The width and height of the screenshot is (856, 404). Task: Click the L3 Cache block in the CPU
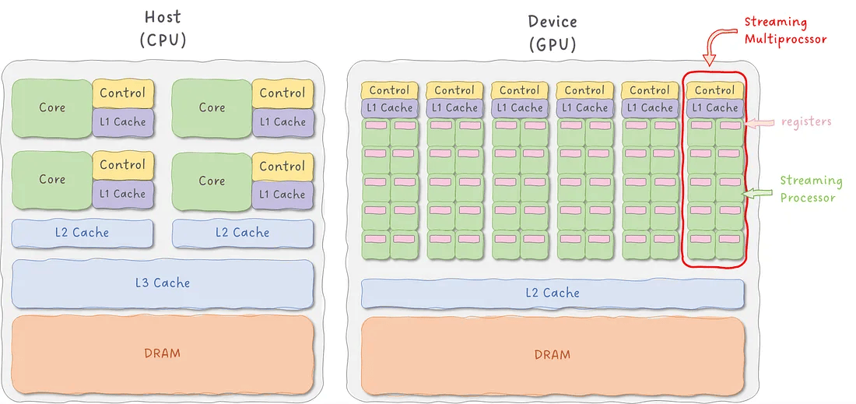point(163,283)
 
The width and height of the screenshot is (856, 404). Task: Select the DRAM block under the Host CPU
point(163,353)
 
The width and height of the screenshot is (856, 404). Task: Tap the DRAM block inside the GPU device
point(553,355)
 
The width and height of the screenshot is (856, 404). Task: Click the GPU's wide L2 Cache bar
point(553,293)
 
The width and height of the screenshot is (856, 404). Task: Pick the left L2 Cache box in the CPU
point(82,233)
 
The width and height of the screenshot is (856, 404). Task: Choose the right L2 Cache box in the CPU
point(243,233)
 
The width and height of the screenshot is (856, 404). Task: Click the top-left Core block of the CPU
point(52,107)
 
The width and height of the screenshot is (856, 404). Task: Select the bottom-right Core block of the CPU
point(212,180)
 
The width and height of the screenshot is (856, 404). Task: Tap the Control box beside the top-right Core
point(282,93)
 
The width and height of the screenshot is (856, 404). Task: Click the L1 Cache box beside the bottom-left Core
point(123,194)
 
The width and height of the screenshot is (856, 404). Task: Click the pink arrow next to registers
point(760,123)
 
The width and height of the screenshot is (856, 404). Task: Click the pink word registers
point(806,121)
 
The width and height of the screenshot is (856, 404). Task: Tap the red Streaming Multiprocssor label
point(786,30)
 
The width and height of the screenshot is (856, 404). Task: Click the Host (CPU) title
point(163,29)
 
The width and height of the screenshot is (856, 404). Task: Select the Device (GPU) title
point(553,33)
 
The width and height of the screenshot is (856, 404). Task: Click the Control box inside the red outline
point(715,90)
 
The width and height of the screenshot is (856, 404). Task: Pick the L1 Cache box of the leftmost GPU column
point(390,108)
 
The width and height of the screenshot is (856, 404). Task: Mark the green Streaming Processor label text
point(811,189)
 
